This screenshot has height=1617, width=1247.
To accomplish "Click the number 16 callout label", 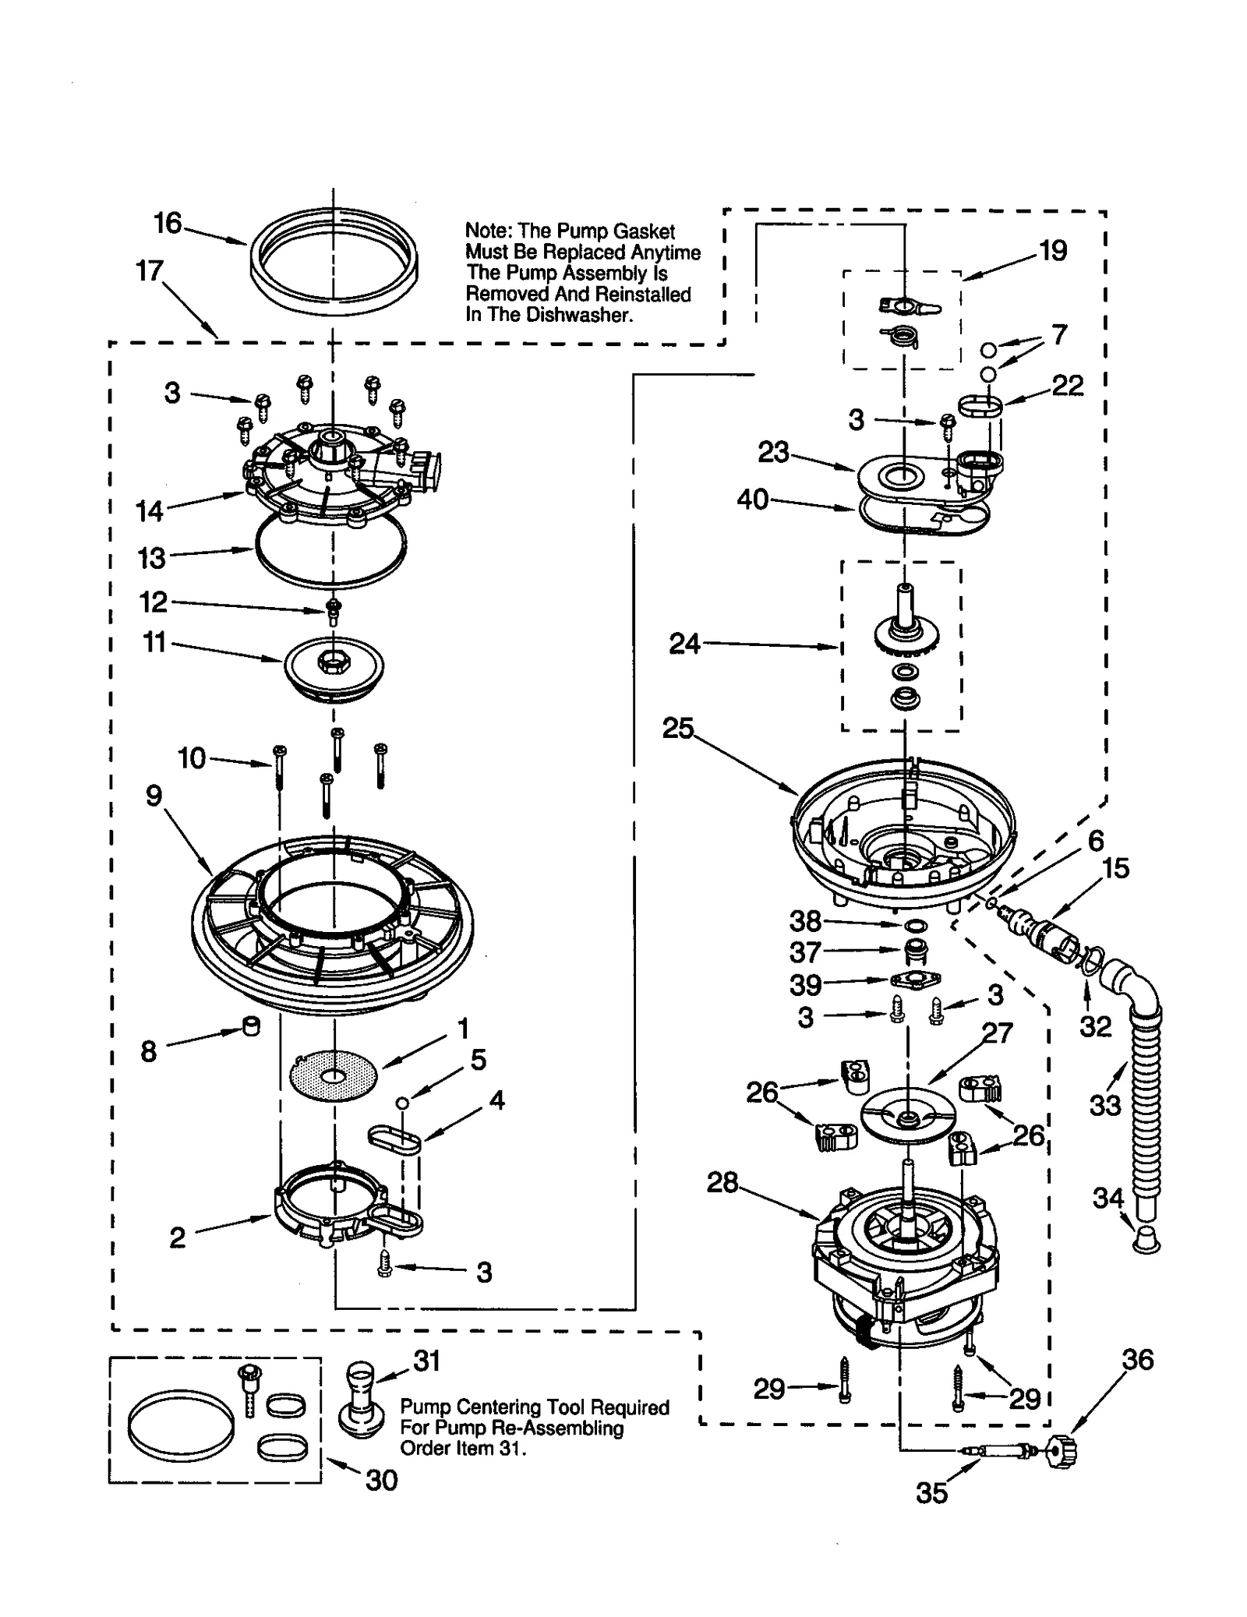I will [x=167, y=224].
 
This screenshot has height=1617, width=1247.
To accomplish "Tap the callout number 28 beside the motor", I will [x=722, y=1182].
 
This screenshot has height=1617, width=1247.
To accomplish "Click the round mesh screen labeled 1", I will [x=333, y=1076].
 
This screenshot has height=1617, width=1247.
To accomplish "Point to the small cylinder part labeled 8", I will [x=251, y=1026].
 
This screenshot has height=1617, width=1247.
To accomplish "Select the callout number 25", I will [x=677, y=728].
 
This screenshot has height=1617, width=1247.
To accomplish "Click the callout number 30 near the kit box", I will [x=381, y=1480].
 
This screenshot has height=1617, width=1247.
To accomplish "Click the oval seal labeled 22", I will [x=980, y=407].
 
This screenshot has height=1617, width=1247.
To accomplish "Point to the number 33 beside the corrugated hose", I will [x=1104, y=1104].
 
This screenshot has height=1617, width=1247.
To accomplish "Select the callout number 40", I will [x=753, y=499].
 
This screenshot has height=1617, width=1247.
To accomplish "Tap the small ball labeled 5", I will [x=401, y=1102].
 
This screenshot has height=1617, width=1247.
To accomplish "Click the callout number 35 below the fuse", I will [x=931, y=1492].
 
